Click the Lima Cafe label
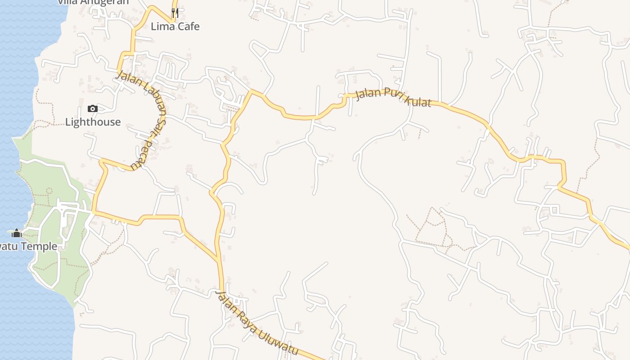point(175,27)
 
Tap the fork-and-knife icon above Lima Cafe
point(175,13)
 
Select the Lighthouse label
point(93,122)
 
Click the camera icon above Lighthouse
point(93,108)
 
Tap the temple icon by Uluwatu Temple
point(17,233)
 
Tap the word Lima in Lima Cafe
point(162,27)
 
